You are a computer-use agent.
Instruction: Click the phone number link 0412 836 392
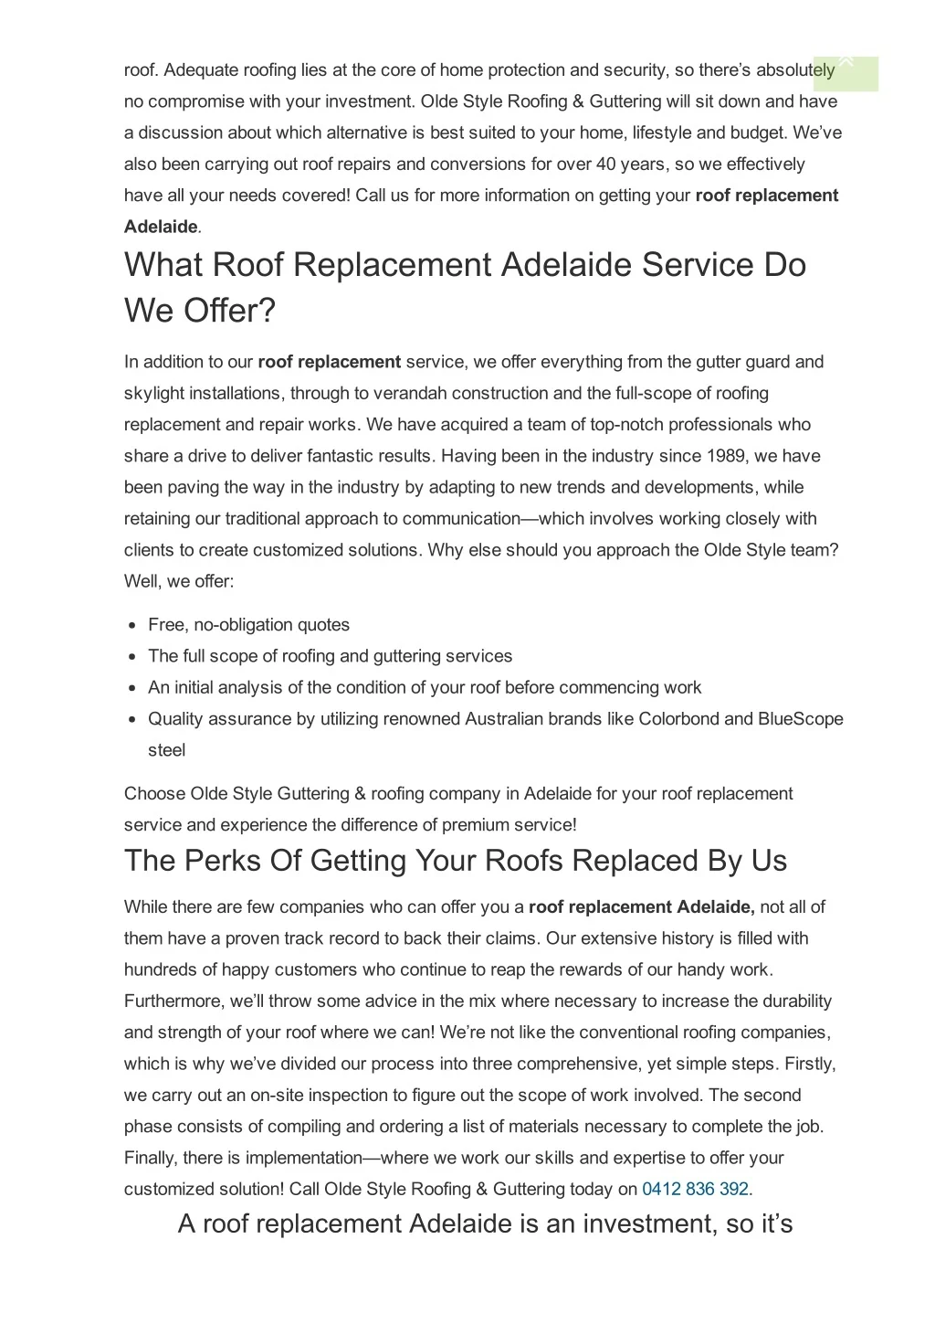695,1189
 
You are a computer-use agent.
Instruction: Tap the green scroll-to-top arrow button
846,72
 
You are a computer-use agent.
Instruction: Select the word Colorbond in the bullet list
678,719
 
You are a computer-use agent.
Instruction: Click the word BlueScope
801,719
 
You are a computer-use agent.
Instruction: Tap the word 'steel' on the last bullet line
166,750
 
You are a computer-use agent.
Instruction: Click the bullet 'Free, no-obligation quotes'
248,625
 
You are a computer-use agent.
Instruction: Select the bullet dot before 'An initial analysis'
131,688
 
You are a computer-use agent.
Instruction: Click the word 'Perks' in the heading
227,861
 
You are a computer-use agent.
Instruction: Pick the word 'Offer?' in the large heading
229,311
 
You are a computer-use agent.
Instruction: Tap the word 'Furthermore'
173,1001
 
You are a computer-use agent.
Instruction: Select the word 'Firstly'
808,1064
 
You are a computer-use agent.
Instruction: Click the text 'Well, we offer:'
179,581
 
